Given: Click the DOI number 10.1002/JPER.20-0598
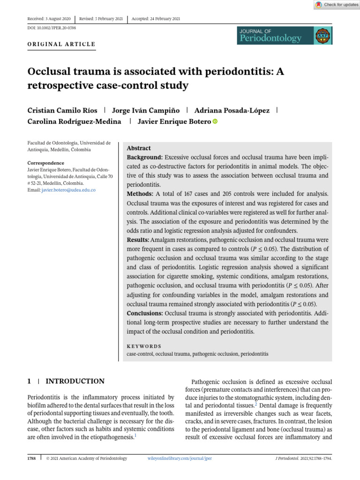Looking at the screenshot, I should click(52, 28).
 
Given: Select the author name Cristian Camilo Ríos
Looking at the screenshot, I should click(63, 110).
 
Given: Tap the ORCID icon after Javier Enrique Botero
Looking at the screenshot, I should click(215, 121).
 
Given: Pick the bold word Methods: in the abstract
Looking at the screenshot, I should click(140, 194).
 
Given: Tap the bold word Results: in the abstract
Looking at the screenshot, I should click(139, 240).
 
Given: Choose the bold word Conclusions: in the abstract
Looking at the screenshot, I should click(145, 313).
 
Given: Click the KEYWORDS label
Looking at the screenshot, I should click(144, 346).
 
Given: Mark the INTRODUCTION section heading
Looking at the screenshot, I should click(75, 382).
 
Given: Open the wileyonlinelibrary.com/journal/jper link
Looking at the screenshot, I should click(180, 458).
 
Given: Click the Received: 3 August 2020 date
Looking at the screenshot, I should click(49, 19).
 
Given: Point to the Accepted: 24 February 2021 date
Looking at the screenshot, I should click(157, 19).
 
